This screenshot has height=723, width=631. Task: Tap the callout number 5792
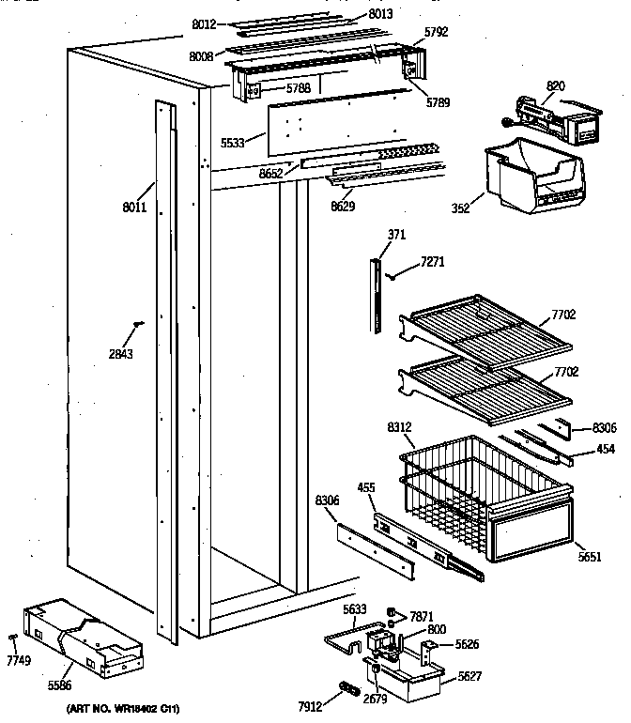436,31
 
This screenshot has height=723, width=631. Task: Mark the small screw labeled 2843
139,324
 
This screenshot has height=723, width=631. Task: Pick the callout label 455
366,488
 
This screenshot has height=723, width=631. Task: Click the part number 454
606,449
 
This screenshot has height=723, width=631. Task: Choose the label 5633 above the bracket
355,608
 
